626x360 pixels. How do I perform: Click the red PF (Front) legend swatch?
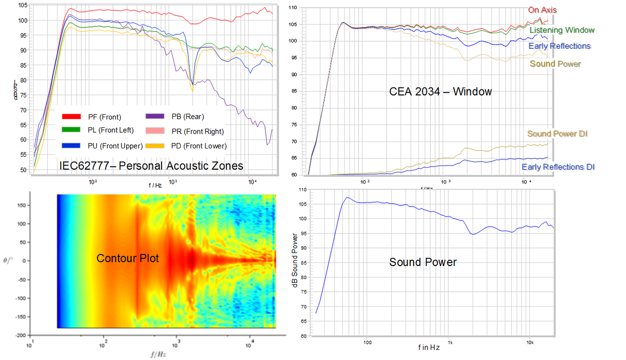pos(71,117)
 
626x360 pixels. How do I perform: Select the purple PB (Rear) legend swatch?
pos(154,117)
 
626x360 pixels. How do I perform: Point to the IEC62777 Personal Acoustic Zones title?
pos(151,166)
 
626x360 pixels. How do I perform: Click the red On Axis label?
pos(543,10)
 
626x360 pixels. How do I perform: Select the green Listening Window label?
pos(562,30)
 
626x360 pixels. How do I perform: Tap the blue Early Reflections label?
pos(559,46)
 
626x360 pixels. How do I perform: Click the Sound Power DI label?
pos(557,134)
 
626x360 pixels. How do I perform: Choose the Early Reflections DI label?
pos(557,167)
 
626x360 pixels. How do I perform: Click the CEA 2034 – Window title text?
pos(440,92)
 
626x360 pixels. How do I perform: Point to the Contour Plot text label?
pos(128,259)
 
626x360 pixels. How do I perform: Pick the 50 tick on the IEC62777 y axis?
pos(23,170)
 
